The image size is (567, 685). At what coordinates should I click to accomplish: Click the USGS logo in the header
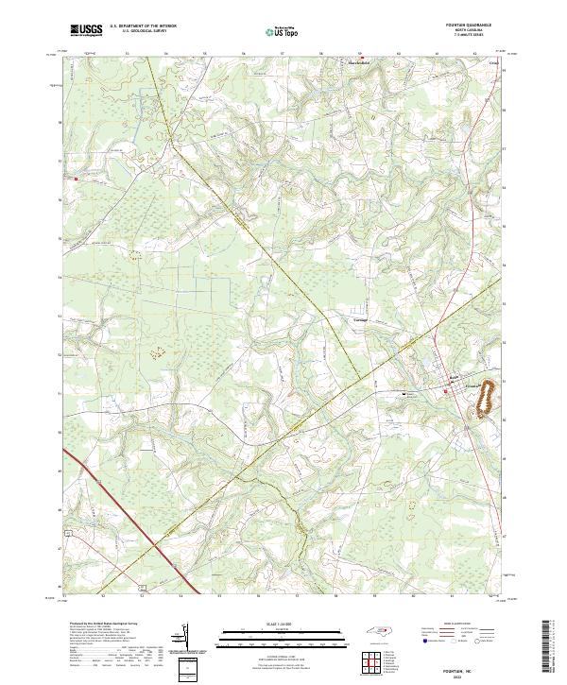point(86,29)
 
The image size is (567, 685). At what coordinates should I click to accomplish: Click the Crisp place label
point(491,64)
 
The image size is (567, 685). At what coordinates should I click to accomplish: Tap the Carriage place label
point(358,319)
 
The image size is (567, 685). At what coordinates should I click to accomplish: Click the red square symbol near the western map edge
point(77,175)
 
